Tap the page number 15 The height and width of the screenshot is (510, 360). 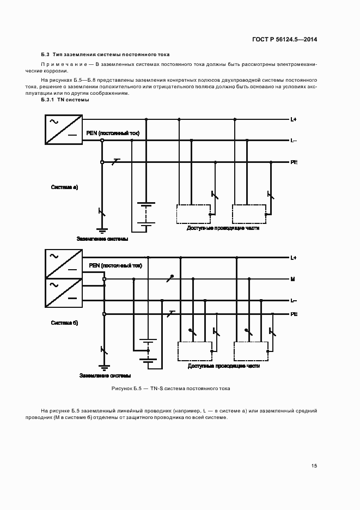point(314,465)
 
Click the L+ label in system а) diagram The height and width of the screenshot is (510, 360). point(293,119)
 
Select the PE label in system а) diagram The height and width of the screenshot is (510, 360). point(294,162)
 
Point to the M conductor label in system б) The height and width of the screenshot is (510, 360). point(292,279)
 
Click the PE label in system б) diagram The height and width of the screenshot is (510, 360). point(294,314)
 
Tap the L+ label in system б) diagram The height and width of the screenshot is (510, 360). point(293,257)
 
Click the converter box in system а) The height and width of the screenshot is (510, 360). point(63,130)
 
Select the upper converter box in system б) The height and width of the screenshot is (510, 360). point(63,264)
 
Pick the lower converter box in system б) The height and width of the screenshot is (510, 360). point(63,293)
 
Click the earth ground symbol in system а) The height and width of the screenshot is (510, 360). point(102,230)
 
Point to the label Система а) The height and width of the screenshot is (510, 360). point(65,187)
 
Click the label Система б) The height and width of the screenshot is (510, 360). point(65,323)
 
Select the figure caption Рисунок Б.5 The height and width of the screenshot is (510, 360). point(170,388)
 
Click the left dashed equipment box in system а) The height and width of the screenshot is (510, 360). point(194,214)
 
